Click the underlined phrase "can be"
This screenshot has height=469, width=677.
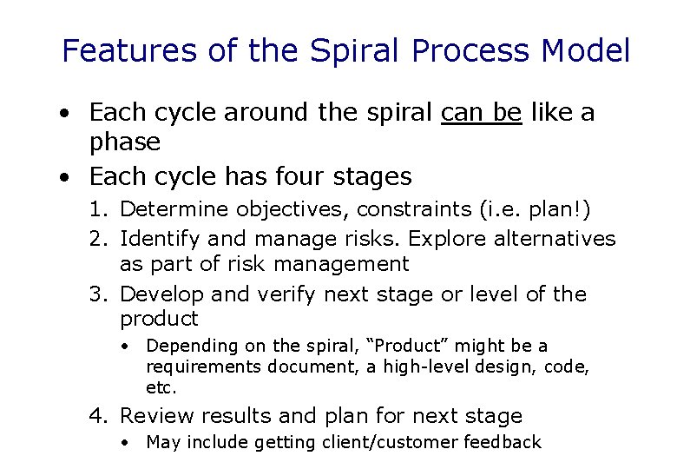click(x=482, y=112)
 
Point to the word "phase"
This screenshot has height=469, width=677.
click(x=125, y=142)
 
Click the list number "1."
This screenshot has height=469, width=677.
click(x=100, y=209)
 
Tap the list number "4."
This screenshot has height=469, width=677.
click(x=100, y=416)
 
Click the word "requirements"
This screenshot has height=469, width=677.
click(x=203, y=367)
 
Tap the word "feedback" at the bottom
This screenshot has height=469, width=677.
click(x=503, y=442)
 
